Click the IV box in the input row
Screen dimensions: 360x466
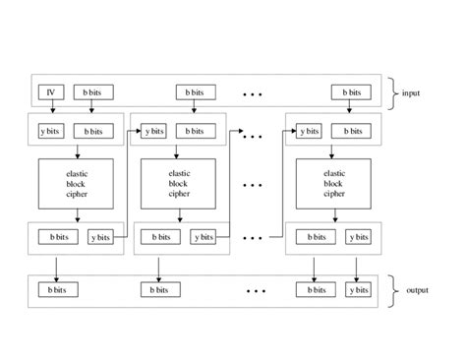click(x=51, y=92)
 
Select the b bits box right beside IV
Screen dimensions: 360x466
click(x=93, y=92)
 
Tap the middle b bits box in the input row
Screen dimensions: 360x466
click(x=197, y=92)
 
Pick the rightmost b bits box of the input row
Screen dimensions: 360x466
click(x=351, y=92)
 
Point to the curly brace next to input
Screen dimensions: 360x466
click(x=393, y=92)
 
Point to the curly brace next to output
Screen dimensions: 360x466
click(x=393, y=290)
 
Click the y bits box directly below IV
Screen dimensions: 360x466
click(x=51, y=129)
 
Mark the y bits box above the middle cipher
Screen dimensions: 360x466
click(x=153, y=129)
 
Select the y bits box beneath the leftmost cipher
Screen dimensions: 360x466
click(x=100, y=236)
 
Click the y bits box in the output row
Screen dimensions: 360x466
click(x=357, y=290)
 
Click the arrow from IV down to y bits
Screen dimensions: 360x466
click(x=51, y=110)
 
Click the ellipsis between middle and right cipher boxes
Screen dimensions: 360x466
click(x=254, y=183)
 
